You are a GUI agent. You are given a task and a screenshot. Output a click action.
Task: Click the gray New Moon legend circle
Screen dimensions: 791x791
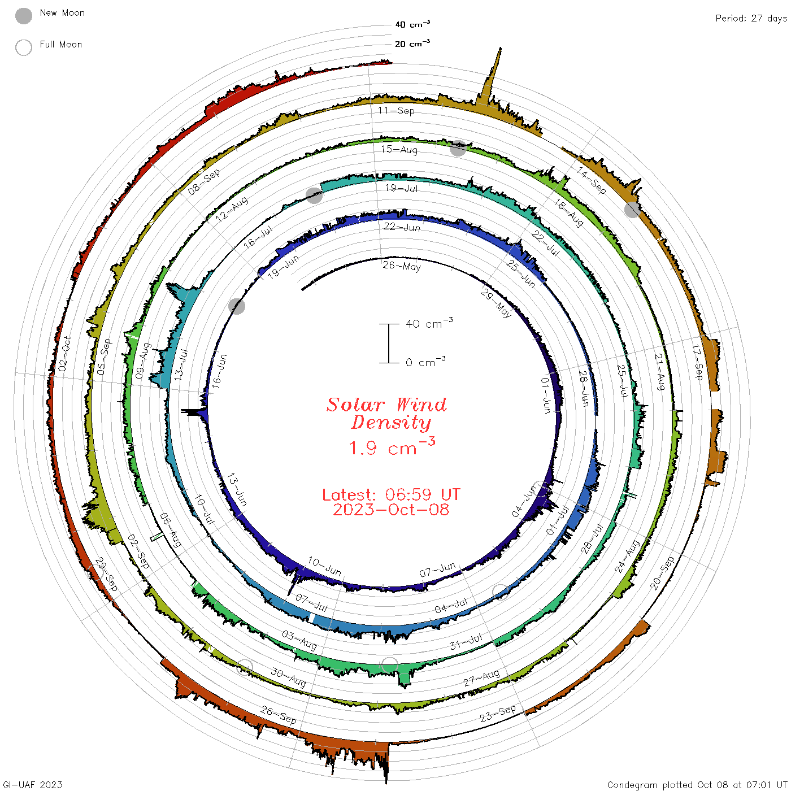pyautogui.click(x=23, y=16)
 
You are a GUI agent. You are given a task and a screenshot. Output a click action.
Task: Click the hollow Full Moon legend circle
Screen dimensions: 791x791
pyautogui.click(x=23, y=47)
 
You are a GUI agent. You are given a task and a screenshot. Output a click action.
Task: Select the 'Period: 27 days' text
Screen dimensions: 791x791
pyautogui.click(x=751, y=19)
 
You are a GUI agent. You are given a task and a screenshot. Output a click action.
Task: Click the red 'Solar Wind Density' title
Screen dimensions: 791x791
pyautogui.click(x=386, y=414)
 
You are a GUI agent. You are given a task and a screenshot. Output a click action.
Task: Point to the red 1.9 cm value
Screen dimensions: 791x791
pyautogui.click(x=392, y=447)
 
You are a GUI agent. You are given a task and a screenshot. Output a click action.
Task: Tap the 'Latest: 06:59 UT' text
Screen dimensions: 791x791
pyautogui.click(x=391, y=494)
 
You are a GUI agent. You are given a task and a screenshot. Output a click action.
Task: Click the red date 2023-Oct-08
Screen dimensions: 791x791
pyautogui.click(x=391, y=510)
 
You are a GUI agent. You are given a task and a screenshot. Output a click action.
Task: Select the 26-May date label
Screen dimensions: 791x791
pyautogui.click(x=402, y=266)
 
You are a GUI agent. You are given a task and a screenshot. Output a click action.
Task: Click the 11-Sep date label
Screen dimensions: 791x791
pyautogui.click(x=396, y=110)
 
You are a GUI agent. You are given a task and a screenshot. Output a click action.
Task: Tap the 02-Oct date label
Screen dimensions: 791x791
pyautogui.click(x=65, y=354)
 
